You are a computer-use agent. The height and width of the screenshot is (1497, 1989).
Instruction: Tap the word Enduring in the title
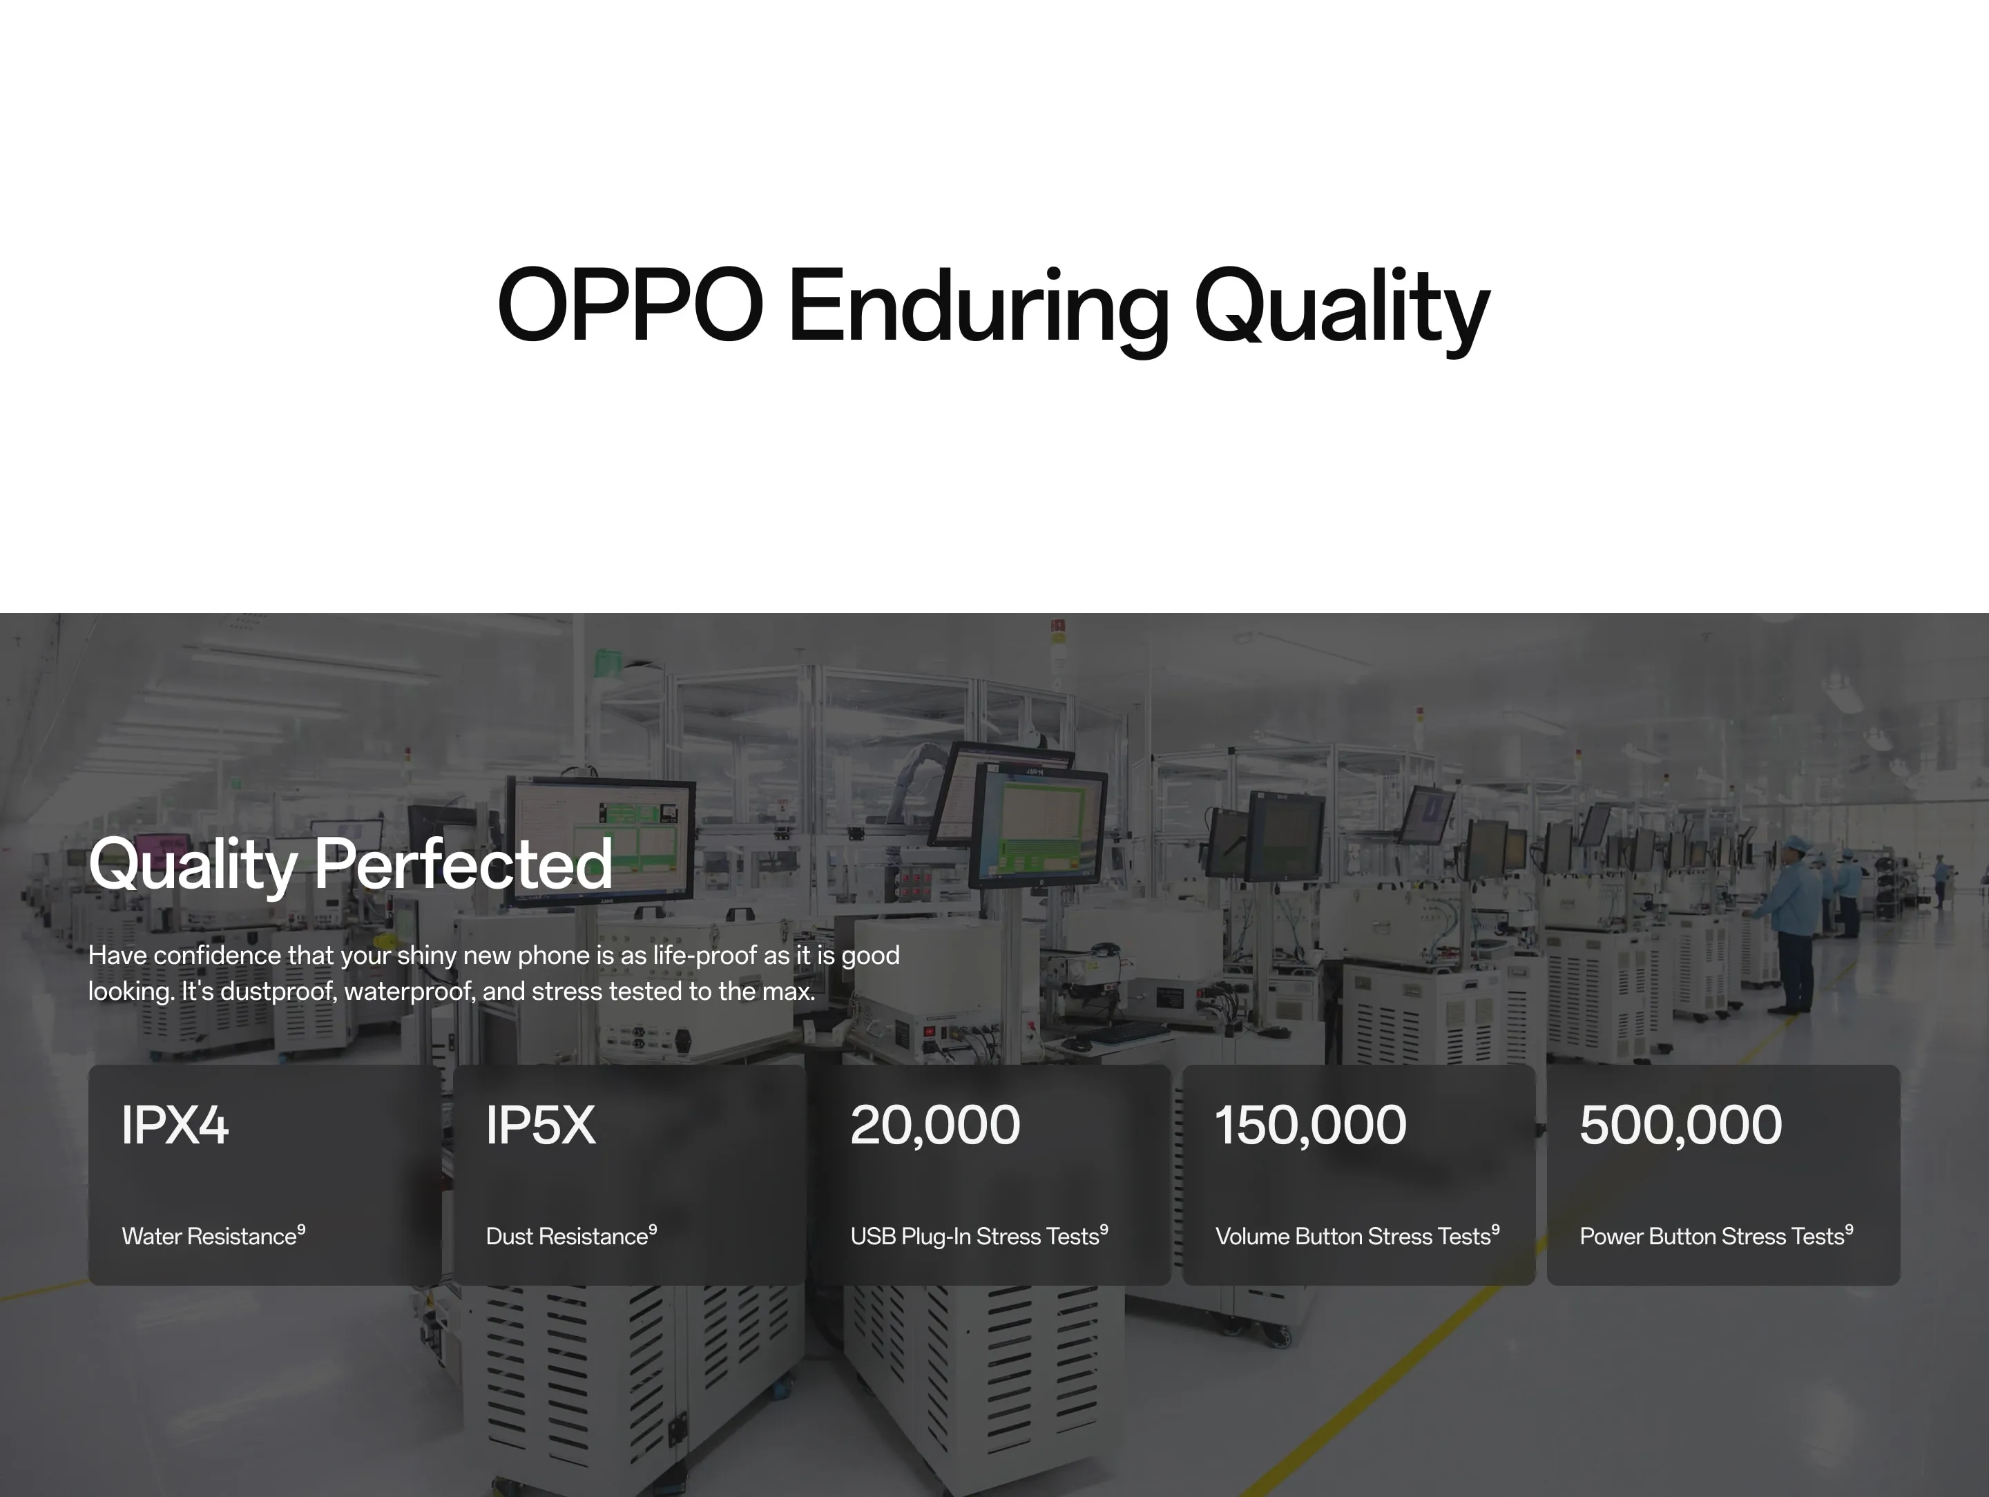(979, 310)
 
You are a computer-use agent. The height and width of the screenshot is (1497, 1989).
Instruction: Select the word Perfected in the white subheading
(463, 863)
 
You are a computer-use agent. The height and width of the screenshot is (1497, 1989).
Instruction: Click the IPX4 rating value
(175, 1125)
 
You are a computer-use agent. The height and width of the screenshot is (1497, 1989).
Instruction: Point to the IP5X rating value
(540, 1125)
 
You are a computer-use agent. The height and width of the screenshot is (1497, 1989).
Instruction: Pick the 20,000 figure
(935, 1126)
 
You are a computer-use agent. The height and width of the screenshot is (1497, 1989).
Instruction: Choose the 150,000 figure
(1311, 1126)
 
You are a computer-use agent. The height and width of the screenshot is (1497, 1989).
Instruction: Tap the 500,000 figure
(1680, 1126)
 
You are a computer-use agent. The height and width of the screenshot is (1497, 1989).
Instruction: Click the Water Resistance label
(209, 1236)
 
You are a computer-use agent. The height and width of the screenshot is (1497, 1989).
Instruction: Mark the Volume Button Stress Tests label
(1352, 1236)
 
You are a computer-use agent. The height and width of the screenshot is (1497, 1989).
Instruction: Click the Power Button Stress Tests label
(1711, 1236)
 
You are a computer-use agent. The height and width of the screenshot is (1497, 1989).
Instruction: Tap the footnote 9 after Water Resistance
(301, 1230)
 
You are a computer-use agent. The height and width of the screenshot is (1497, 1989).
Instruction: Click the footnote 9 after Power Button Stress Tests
(1849, 1230)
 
